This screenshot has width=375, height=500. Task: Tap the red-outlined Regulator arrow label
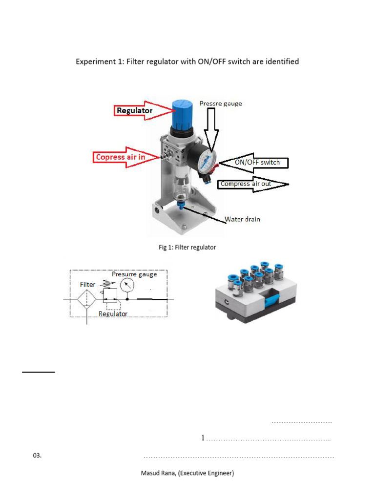(x=134, y=111)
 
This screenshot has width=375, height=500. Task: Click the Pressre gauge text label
(x=221, y=104)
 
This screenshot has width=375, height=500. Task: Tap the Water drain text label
(x=242, y=219)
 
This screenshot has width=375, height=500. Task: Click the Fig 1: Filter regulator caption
(x=187, y=248)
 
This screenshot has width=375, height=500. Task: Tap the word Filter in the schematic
(x=88, y=284)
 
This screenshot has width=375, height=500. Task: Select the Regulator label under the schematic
(x=113, y=314)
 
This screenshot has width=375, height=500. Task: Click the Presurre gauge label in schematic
(x=134, y=274)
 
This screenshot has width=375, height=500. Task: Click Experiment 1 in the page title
(x=98, y=62)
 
